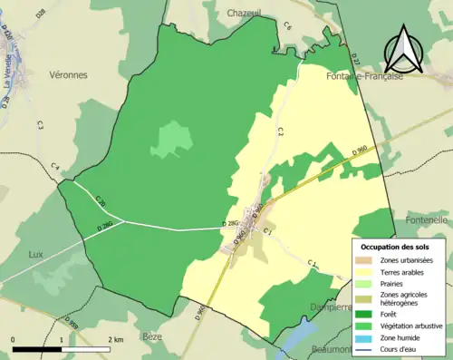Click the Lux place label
click(x=36, y=254)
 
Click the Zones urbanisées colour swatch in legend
click(x=366, y=260)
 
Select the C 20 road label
click(x=101, y=201)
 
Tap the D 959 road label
click(x=72, y=322)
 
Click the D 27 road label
click(x=355, y=60)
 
